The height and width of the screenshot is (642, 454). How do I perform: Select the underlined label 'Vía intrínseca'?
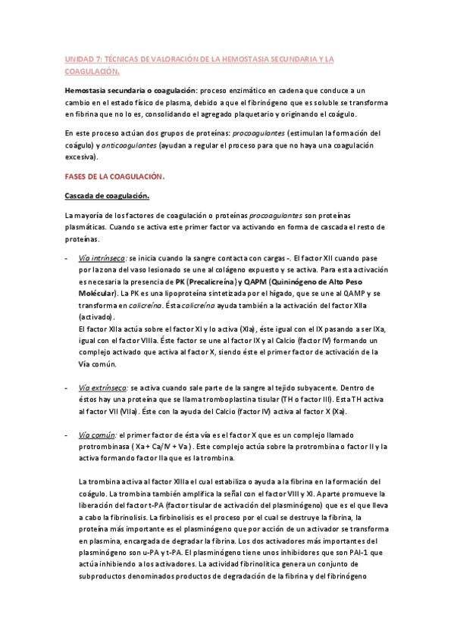pyautogui.click(x=102, y=258)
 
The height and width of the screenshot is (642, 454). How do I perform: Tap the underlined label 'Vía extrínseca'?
pyautogui.click(x=103, y=386)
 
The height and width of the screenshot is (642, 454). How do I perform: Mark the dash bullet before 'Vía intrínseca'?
pyautogui.click(x=66, y=258)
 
